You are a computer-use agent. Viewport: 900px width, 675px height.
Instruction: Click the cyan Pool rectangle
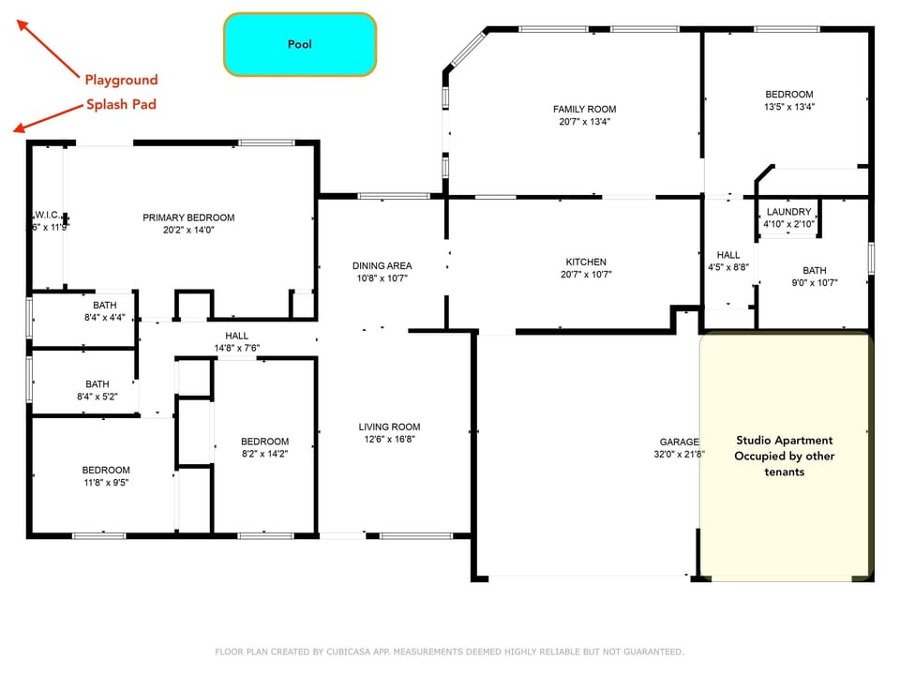pos(300,44)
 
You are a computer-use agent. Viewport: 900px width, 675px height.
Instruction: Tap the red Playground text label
pos(121,80)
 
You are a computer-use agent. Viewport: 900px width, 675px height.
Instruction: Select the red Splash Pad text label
pos(121,104)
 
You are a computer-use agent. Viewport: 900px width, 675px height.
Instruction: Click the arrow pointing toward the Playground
pos(49,49)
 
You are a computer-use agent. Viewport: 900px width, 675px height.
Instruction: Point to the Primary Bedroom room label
pos(188,217)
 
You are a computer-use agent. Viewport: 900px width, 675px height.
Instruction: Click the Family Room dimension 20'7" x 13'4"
pos(584,122)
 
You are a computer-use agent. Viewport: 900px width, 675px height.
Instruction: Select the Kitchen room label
pos(586,262)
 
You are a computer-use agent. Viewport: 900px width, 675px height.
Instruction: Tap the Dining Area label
pos(382,265)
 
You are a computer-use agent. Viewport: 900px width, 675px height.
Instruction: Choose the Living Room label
pos(389,427)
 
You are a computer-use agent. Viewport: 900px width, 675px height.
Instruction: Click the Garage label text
pos(679,442)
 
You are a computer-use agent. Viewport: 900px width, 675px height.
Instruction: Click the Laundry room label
pos(787,212)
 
